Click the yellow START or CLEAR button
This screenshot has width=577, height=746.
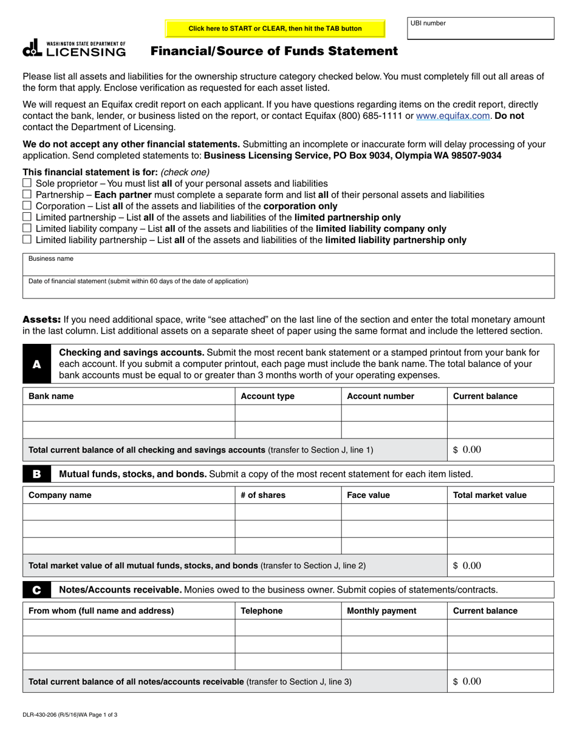(x=275, y=29)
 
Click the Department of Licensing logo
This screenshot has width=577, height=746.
(x=74, y=49)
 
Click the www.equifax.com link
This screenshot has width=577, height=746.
(x=452, y=115)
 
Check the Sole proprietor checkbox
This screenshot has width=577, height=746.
(x=27, y=183)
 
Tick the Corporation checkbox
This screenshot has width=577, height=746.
(x=27, y=206)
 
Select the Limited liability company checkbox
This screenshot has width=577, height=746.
(x=27, y=228)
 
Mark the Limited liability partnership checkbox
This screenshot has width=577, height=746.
(x=27, y=240)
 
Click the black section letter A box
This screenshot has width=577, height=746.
(x=37, y=364)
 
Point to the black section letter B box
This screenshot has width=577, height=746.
(x=37, y=474)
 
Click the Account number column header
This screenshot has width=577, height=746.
(x=380, y=396)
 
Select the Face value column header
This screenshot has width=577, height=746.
(x=368, y=495)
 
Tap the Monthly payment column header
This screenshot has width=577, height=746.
(x=381, y=611)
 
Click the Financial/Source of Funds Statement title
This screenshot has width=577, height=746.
(x=274, y=52)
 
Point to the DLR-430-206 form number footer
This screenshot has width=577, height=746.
(x=70, y=714)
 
